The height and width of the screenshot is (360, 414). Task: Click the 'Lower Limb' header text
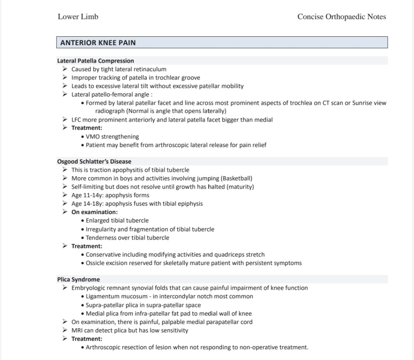click(x=78, y=17)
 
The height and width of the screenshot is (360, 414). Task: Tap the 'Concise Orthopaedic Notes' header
click(x=342, y=17)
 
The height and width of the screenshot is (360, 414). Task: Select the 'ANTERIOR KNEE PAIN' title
click(x=98, y=42)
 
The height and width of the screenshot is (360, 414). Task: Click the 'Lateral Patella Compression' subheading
click(x=95, y=61)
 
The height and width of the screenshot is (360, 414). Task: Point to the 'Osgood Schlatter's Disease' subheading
click(x=94, y=162)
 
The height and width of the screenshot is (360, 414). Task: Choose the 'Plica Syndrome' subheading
click(x=78, y=279)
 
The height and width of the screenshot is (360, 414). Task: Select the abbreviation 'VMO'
click(x=93, y=137)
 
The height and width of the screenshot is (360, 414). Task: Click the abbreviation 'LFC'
click(x=77, y=120)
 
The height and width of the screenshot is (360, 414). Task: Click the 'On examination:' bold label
click(x=95, y=212)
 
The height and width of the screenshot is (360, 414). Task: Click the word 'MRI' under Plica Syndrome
click(x=77, y=331)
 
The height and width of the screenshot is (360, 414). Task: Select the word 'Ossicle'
click(x=95, y=263)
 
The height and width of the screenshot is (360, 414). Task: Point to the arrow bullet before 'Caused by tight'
click(x=65, y=69)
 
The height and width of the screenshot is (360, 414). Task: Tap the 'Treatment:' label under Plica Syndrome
click(x=87, y=339)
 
